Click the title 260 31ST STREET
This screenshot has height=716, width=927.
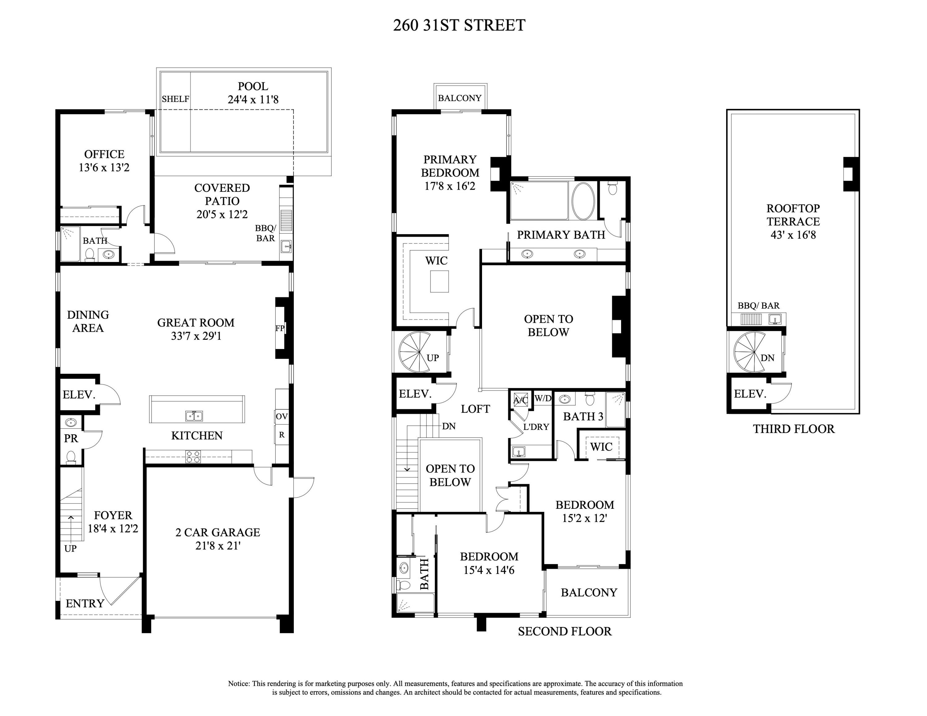[459, 25]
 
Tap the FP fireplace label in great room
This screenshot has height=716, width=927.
[280, 328]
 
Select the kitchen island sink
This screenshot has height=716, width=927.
[194, 416]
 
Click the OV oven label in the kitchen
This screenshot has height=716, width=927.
[281, 417]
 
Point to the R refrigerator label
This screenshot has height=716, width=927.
[281, 435]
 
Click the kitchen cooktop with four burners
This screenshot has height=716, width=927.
[193, 457]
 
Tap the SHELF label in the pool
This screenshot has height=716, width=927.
[175, 99]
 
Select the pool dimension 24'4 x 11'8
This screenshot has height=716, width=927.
[253, 100]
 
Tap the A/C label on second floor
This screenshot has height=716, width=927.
[520, 400]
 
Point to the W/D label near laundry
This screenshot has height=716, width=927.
[543, 398]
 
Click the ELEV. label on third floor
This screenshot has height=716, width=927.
[750, 394]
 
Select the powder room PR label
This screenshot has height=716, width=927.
[71, 439]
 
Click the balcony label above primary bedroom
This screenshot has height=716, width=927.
[460, 98]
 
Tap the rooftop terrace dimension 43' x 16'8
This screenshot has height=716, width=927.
[793, 235]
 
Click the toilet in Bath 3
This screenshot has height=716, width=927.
[590, 399]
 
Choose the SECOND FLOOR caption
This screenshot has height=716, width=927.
[565, 632]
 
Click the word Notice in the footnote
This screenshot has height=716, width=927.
[239, 683]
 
